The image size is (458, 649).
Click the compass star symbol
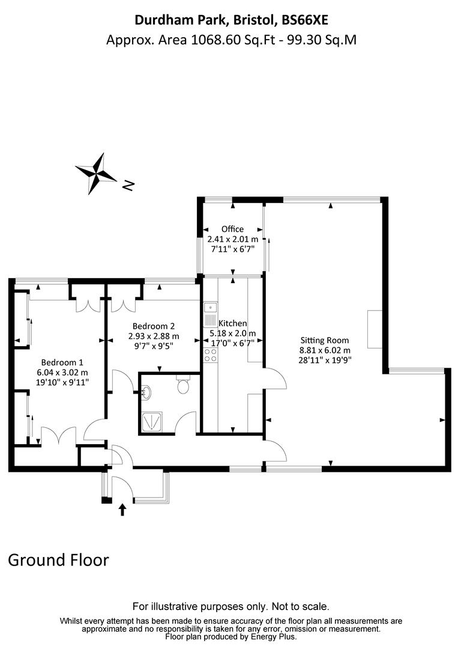[x=95, y=173]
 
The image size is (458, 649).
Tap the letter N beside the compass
[x=127, y=186]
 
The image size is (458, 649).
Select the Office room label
[x=232, y=229]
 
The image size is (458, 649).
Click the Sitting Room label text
[x=324, y=340]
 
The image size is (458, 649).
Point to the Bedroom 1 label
[x=62, y=362]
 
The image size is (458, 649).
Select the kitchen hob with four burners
[x=210, y=354]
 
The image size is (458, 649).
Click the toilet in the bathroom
[x=183, y=385]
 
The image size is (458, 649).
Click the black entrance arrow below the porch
[x=123, y=510]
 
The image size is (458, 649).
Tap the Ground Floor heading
[x=58, y=560]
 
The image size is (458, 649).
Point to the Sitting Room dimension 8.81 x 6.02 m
[x=325, y=350]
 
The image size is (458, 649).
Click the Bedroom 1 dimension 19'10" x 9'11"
[x=62, y=382]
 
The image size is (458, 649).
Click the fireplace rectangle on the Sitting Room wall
[x=374, y=329]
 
